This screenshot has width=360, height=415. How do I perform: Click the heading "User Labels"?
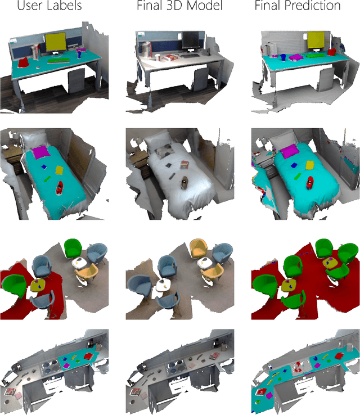pos(49,6)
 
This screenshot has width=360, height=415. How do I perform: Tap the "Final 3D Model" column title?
pos(179,6)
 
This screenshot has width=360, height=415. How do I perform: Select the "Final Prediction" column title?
pos(298,6)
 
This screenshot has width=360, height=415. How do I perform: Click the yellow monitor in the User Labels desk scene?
pos(55,42)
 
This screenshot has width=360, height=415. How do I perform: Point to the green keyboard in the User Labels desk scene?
pos(58,61)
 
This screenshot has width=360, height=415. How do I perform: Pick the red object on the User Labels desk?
pos(23,63)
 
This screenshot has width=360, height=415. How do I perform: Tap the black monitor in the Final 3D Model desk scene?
pos(191,40)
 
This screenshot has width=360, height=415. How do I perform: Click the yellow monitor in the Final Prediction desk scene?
pos(316,40)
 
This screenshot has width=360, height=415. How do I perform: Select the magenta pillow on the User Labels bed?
pos(40,152)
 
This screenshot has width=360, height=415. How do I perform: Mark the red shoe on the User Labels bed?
pos(60,188)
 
